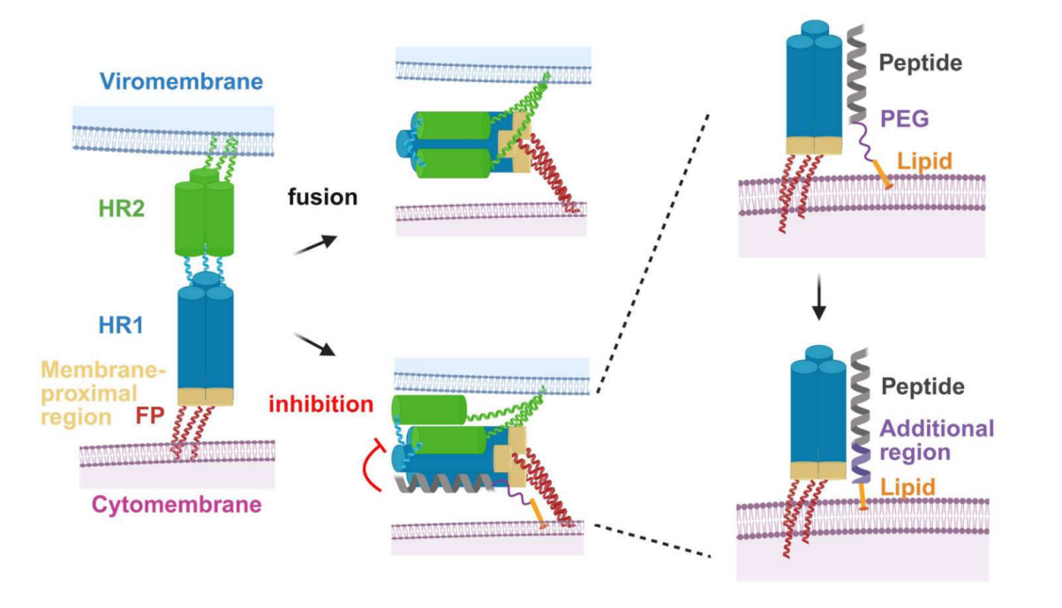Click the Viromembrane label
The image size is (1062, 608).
click(x=181, y=82)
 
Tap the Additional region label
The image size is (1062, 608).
click(x=937, y=439)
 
